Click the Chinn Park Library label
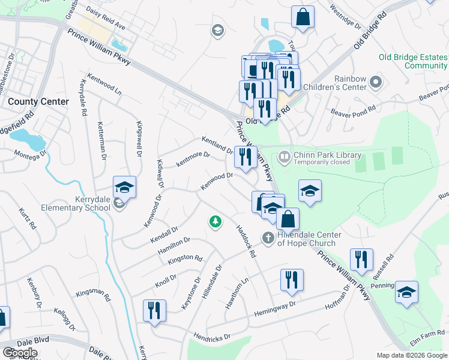327,155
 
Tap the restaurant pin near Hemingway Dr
292,280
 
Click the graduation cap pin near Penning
406,292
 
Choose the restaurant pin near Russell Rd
361,260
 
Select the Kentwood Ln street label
104,85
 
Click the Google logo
19,353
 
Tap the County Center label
38,102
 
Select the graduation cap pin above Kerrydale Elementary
124,188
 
